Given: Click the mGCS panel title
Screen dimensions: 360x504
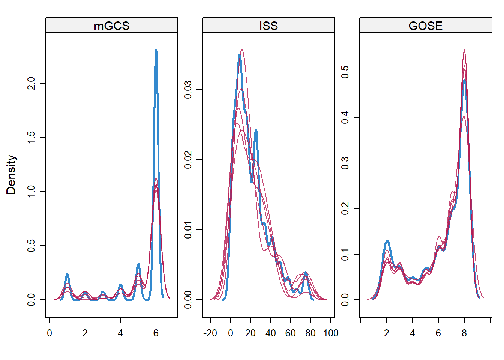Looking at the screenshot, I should [x=111, y=25].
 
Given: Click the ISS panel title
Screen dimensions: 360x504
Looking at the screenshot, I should [x=268, y=25].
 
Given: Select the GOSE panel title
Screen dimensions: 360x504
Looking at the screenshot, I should [x=425, y=25].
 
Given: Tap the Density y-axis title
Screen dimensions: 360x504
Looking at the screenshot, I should [x=11, y=175].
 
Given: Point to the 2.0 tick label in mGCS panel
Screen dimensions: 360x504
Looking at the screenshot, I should [x=31, y=83].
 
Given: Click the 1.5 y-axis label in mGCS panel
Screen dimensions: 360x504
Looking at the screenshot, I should [x=31, y=137].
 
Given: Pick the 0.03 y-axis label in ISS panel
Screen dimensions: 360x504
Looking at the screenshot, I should [x=188, y=90].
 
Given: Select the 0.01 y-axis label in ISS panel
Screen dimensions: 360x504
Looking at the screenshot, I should [x=188, y=229].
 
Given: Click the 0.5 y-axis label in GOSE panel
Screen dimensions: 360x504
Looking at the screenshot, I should [x=345, y=72].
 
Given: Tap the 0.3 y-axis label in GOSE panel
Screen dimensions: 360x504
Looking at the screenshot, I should [x=345, y=163].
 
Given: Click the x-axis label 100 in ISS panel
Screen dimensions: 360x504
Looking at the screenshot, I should [x=331, y=333].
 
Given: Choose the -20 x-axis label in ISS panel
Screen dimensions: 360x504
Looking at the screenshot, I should [x=210, y=333].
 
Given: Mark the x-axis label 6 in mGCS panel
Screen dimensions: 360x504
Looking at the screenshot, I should [x=156, y=333].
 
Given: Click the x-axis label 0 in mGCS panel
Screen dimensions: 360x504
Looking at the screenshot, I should [x=49, y=333].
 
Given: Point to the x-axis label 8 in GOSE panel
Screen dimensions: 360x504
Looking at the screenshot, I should [x=464, y=333].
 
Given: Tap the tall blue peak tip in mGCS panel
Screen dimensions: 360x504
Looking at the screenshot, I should [x=156, y=50].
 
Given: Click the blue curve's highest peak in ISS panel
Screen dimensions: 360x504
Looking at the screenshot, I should [x=240, y=55].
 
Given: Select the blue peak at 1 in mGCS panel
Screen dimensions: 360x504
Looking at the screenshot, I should [x=67, y=274].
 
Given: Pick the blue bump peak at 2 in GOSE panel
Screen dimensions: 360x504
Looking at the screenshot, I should [x=387, y=241].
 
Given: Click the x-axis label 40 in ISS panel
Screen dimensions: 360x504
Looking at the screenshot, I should [x=270, y=333].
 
